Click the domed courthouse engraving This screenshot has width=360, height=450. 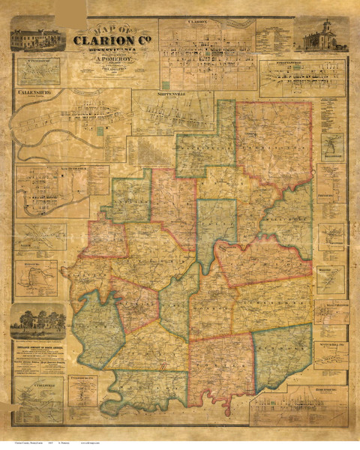(x=322, y=37)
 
